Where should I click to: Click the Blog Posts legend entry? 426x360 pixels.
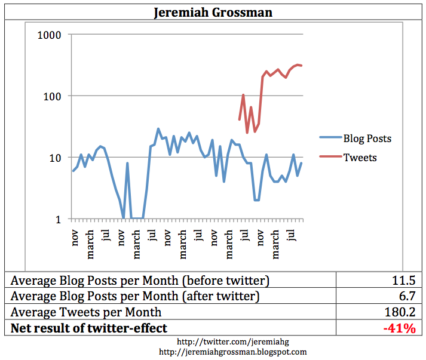tap(367, 139)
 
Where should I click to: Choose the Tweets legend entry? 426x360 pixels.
tap(360, 157)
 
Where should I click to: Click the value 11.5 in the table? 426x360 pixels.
tap(404, 280)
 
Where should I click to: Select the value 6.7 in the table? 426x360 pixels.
tap(407, 296)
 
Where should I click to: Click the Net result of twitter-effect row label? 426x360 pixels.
tap(89, 327)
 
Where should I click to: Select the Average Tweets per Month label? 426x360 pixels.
tap(86, 311)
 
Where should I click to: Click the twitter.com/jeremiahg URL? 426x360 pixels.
tap(213, 342)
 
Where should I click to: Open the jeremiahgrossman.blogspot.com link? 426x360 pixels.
tap(213, 352)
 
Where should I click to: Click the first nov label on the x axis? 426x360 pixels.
tap(75, 238)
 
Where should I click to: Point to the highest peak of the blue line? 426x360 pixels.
tap(158, 129)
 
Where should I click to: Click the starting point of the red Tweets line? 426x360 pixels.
tap(239, 119)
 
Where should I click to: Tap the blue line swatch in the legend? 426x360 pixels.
tap(330, 139)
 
